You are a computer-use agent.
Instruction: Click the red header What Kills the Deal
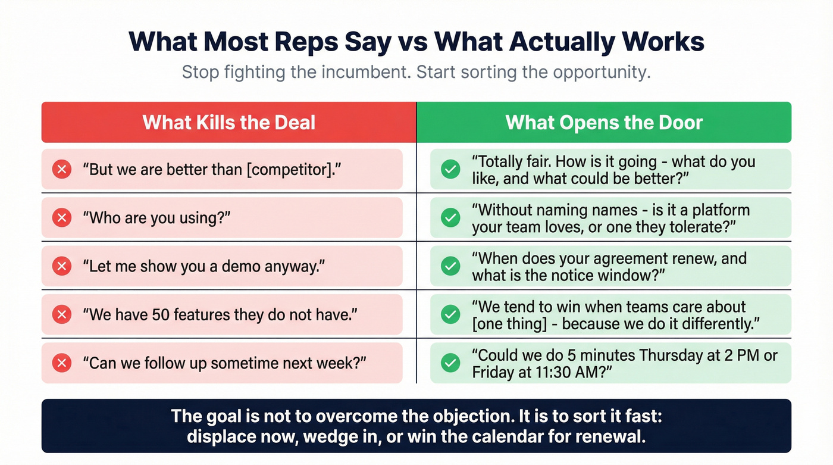228,123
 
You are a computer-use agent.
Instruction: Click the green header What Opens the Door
604,123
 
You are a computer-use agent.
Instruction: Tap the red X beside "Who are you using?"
61,218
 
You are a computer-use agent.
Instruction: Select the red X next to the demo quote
61,266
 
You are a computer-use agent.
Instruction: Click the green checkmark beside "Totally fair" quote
450,170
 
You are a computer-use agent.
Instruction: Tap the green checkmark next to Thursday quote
450,363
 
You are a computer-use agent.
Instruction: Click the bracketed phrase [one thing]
513,324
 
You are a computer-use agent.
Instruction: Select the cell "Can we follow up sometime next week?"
222,363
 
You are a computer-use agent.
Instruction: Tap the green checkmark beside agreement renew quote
450,266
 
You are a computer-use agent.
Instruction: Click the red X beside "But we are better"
61,170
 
